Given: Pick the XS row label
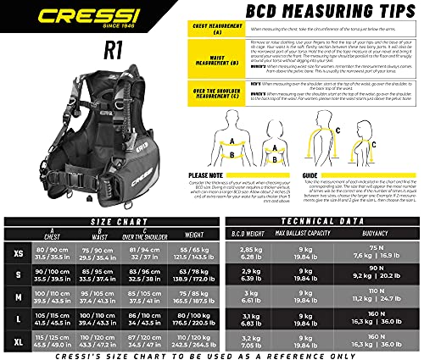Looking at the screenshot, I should click(18, 253).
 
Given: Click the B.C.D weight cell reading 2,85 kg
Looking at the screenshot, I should click(253, 253).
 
